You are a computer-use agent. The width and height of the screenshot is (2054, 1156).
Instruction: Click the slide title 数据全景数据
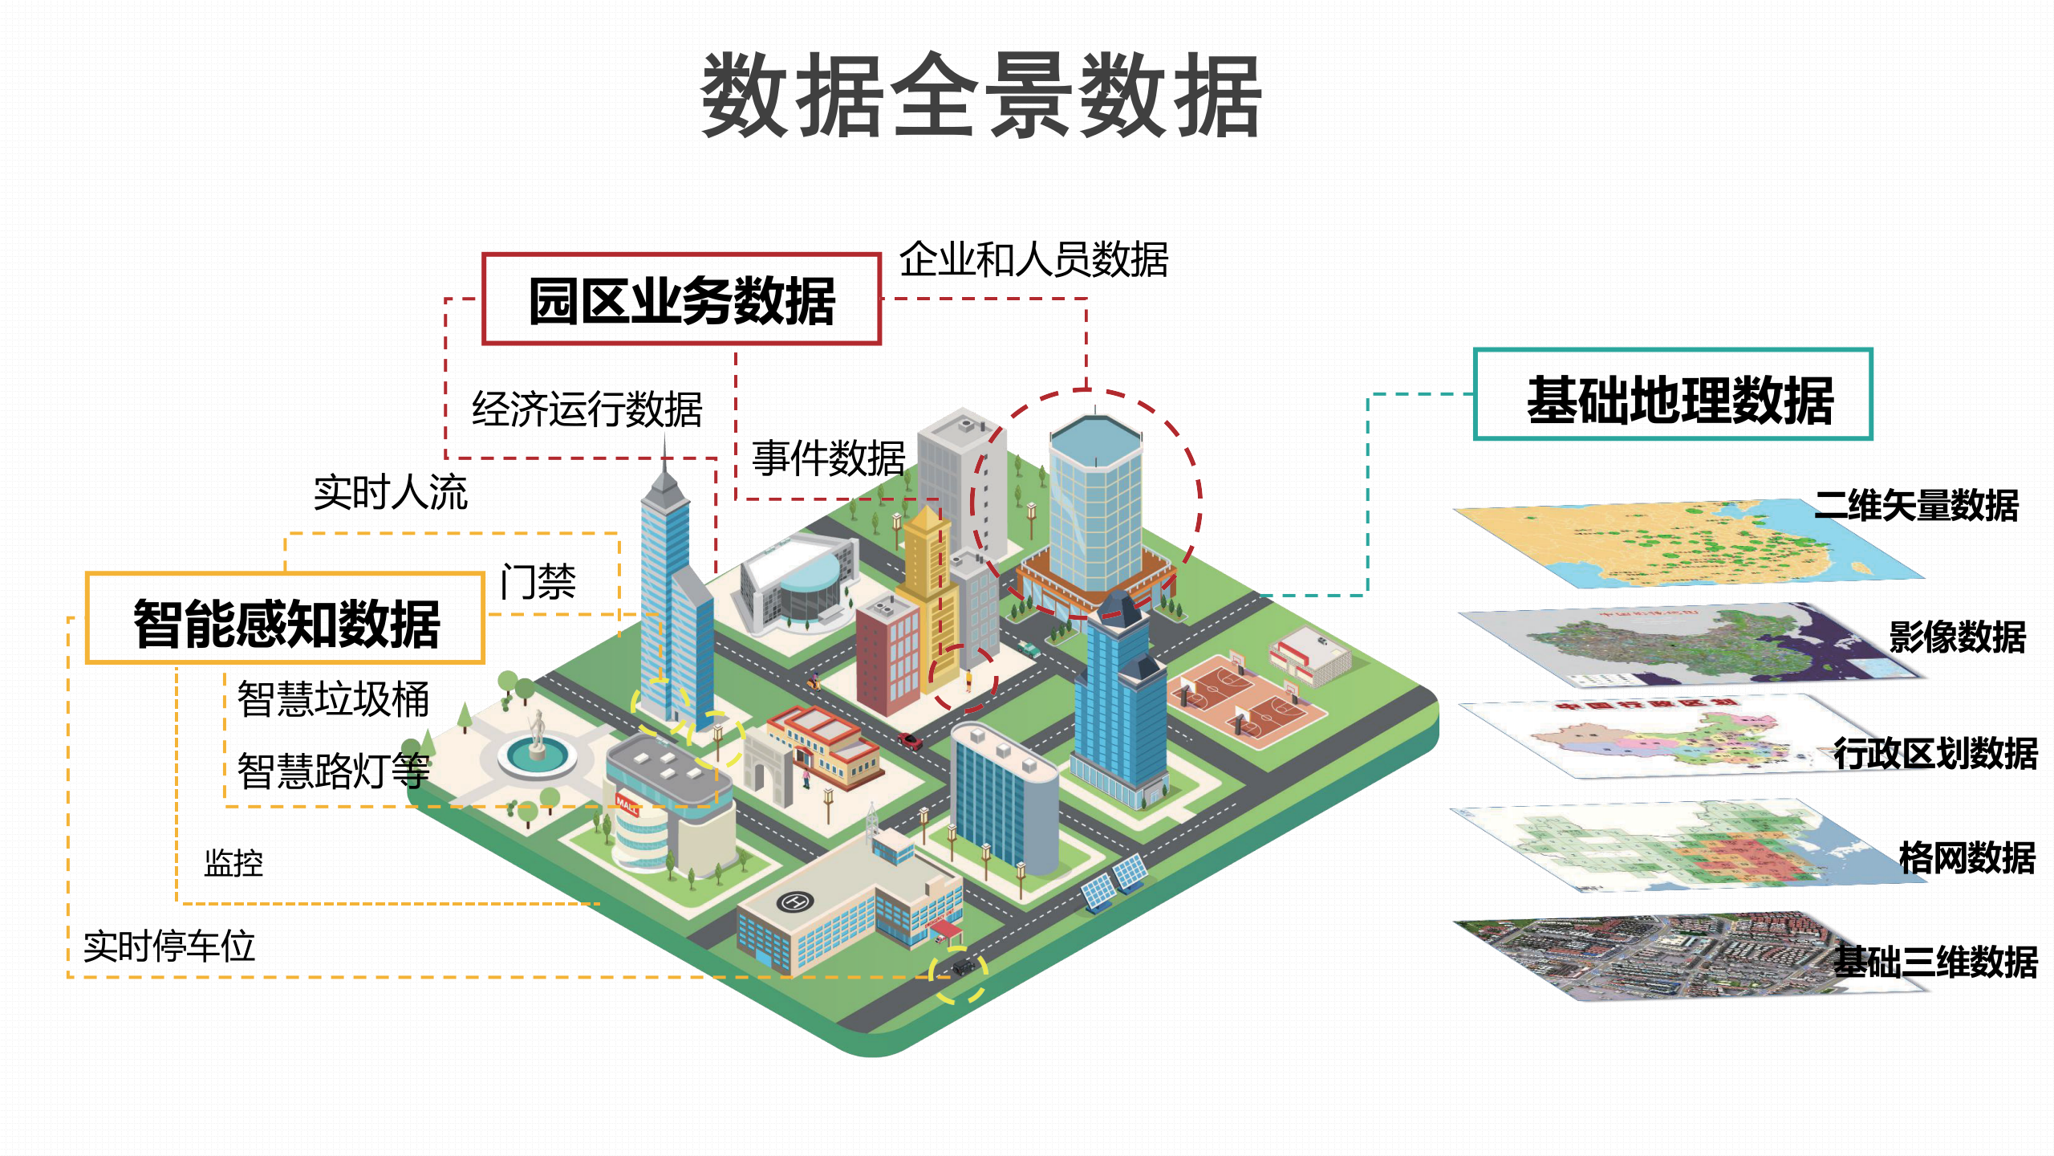pyautogui.click(x=981, y=96)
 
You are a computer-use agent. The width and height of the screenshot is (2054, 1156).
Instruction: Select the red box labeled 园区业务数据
pyautogui.click(x=681, y=299)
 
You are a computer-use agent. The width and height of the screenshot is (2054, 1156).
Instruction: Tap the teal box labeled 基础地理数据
pyautogui.click(x=1673, y=395)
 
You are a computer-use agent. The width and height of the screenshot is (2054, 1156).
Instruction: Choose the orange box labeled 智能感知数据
pyautogui.click(x=286, y=619)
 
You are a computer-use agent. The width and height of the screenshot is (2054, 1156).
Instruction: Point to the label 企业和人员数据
pyautogui.click(x=1033, y=260)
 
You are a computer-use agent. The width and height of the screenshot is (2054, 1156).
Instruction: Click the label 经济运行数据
pyautogui.click(x=587, y=409)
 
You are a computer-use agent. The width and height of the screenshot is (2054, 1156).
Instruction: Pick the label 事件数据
pyautogui.click(x=828, y=458)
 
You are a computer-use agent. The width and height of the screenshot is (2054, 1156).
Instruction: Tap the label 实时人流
pyautogui.click(x=390, y=492)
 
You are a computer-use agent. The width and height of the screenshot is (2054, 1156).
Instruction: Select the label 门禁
pyautogui.click(x=538, y=582)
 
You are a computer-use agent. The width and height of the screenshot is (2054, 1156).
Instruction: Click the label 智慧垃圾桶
pyautogui.click(x=333, y=699)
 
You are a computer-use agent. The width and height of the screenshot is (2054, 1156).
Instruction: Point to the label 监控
pyautogui.click(x=233, y=864)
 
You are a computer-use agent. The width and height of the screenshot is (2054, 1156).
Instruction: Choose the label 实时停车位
pyautogui.click(x=169, y=946)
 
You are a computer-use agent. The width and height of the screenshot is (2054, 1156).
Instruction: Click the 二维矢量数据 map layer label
pyautogui.click(x=1916, y=506)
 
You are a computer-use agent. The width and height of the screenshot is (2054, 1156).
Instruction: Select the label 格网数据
pyautogui.click(x=1967, y=857)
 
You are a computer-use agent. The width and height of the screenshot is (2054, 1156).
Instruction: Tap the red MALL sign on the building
pyautogui.click(x=627, y=803)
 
